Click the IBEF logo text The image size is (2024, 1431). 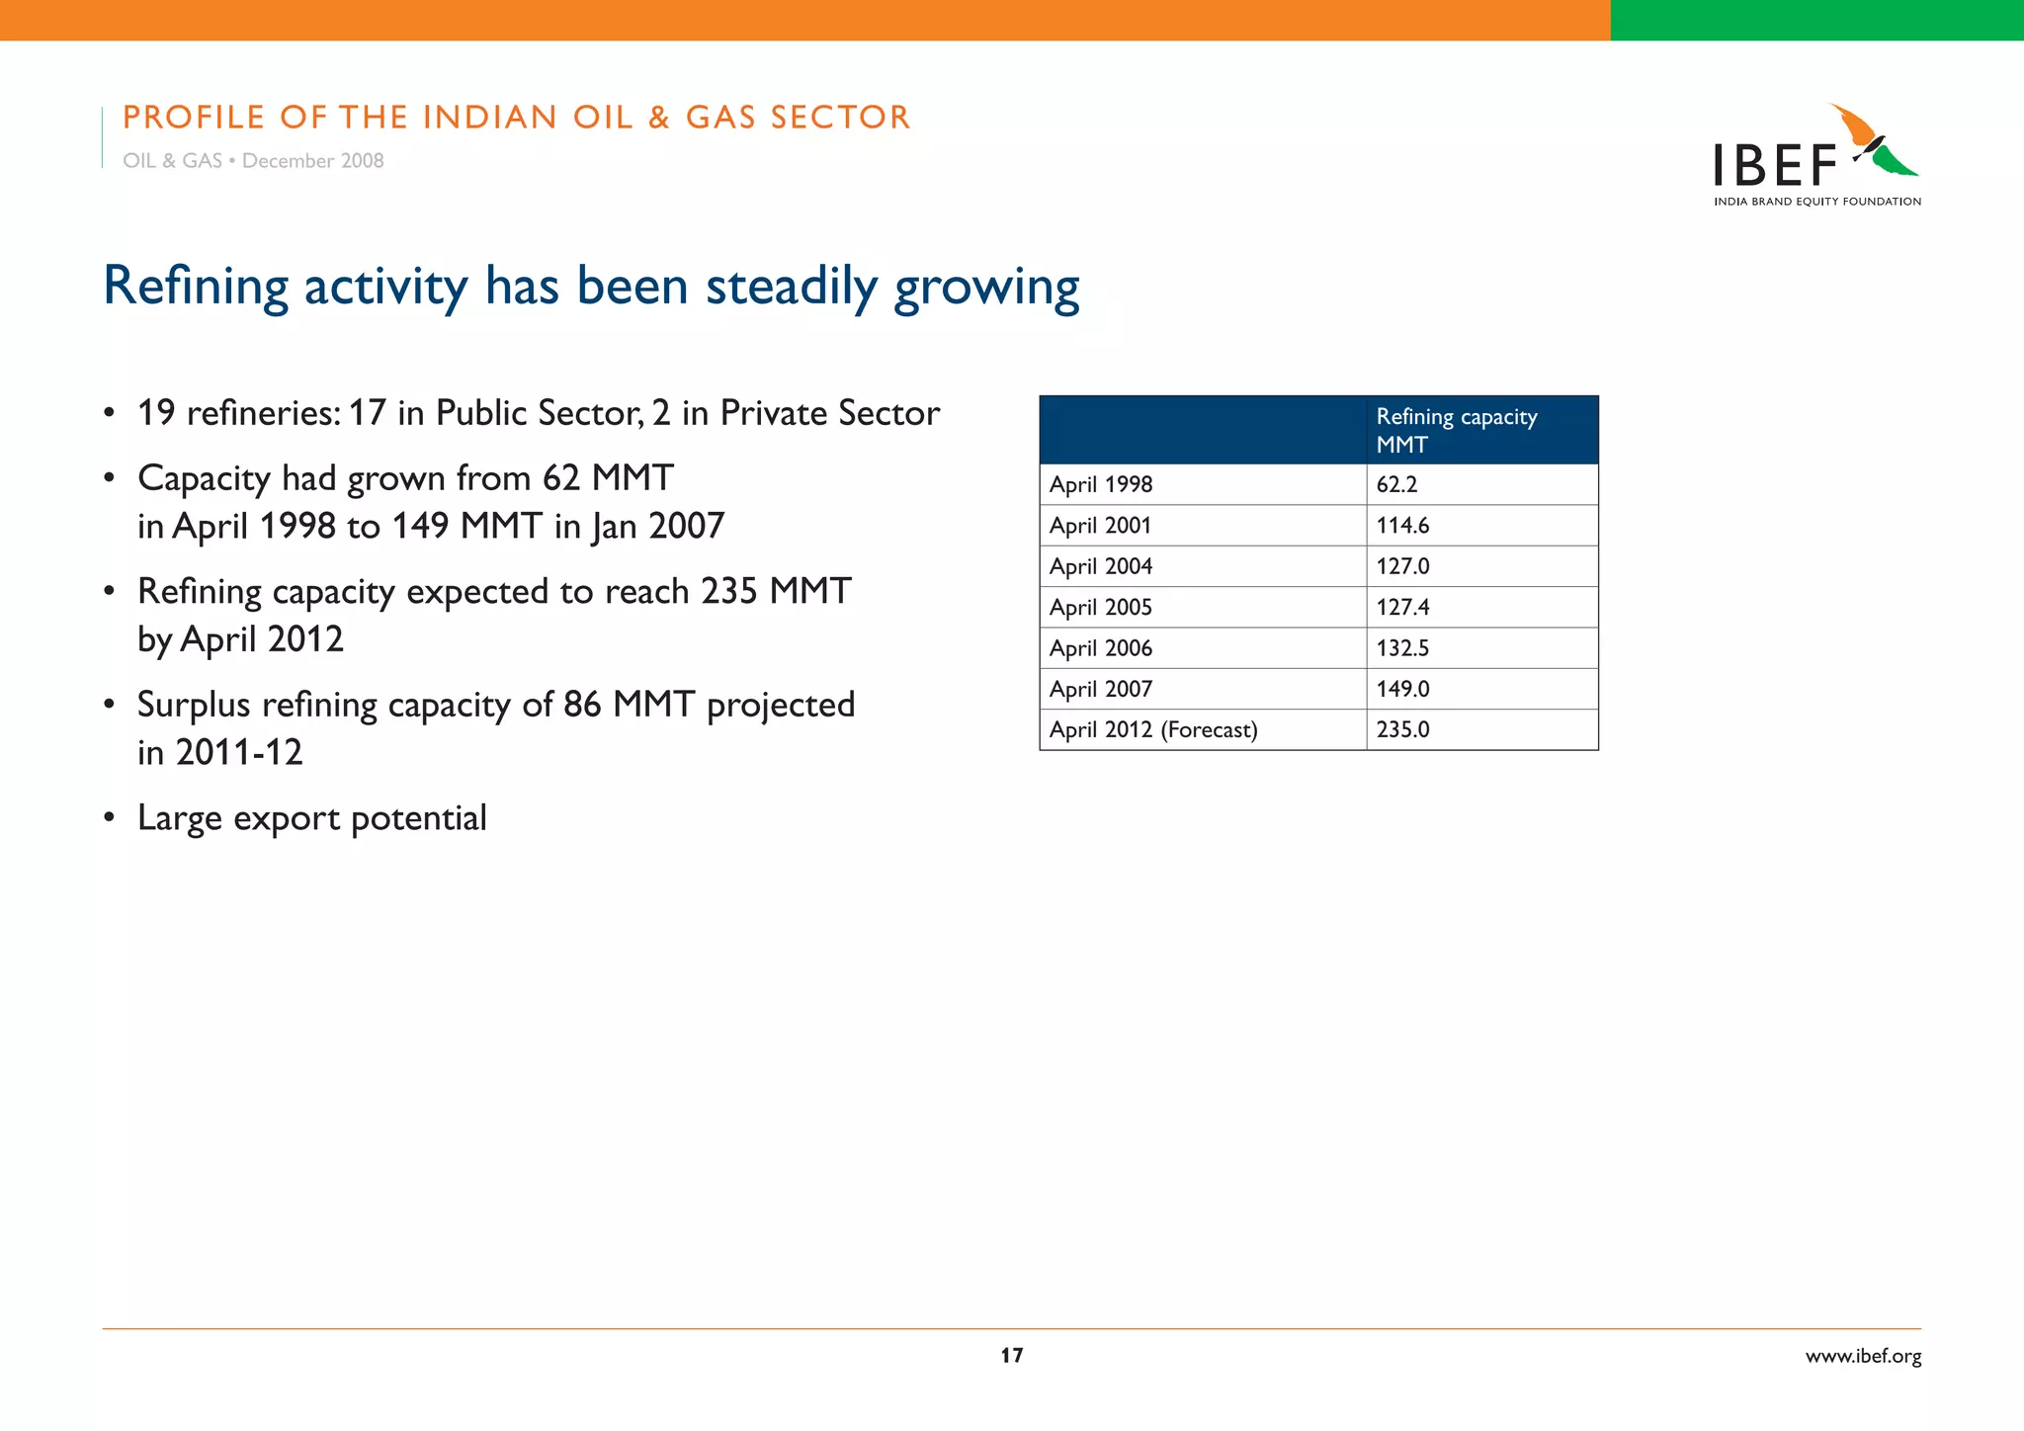pos(1774,166)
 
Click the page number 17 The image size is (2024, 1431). pos(1011,1355)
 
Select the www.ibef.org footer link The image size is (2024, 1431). pos(1863,1356)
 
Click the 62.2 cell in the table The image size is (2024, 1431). pos(1396,484)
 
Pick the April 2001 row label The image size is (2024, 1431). pos(1100,526)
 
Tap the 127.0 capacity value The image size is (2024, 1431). pos(1402,566)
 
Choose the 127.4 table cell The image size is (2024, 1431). pos(1402,607)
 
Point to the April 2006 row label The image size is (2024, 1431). pos(1100,648)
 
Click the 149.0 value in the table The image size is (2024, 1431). pos(1402,689)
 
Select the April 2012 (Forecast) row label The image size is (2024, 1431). pos(1153,729)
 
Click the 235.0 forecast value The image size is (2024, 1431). pos(1402,729)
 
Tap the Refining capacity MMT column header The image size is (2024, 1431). pos(1456,430)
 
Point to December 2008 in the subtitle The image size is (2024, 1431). pos(312,161)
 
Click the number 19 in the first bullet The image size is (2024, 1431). pos(156,413)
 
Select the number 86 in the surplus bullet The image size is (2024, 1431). pos(582,705)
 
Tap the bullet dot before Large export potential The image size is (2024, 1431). pos(110,818)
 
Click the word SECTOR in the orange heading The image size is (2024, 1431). pos(840,118)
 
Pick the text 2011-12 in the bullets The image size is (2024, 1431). pos(238,753)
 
